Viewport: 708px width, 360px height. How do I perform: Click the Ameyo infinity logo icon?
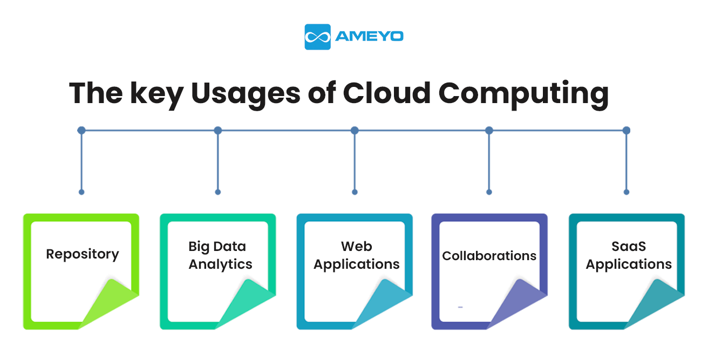(317, 37)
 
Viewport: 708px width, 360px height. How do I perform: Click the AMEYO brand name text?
(369, 37)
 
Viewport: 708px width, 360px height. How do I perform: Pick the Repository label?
(82, 254)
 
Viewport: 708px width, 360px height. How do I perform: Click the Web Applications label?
(356, 255)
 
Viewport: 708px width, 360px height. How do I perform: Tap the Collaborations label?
(489, 256)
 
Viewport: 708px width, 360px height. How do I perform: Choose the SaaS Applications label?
(629, 255)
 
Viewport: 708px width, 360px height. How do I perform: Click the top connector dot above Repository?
(81, 131)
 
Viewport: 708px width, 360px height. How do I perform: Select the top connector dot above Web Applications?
(355, 131)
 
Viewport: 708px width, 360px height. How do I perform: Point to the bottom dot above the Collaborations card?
(489, 192)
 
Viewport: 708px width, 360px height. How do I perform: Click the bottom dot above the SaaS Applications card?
(627, 192)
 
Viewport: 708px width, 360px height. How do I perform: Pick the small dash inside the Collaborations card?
(460, 307)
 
